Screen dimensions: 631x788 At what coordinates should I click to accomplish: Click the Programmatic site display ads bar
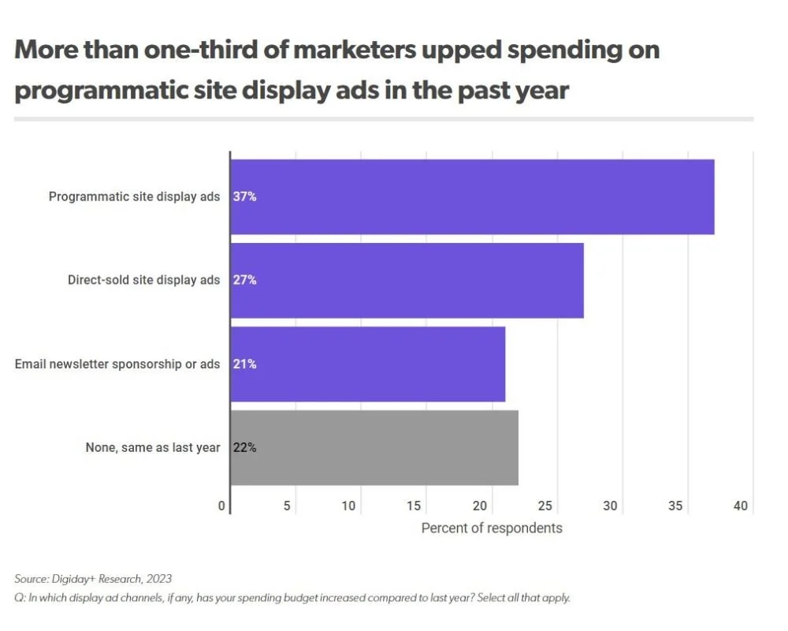473,196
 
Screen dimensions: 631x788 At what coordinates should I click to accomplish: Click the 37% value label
245,196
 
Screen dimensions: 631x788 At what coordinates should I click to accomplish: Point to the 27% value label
245,280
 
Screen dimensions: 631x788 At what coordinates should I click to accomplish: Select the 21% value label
245,364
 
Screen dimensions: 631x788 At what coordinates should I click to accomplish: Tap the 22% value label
245,447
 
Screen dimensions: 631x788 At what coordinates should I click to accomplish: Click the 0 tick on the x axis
223,506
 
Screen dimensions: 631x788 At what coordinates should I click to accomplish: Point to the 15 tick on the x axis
414,506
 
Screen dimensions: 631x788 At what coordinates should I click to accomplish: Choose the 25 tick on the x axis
545,506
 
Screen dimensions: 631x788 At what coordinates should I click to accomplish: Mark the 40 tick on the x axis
740,506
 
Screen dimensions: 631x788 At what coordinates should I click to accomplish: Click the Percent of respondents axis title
492,528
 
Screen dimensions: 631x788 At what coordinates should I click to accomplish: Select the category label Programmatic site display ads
135,196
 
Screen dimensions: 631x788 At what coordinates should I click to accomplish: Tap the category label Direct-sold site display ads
144,280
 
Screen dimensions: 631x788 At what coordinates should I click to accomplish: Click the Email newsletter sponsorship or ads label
117,364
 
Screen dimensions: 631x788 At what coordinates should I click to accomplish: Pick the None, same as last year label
153,447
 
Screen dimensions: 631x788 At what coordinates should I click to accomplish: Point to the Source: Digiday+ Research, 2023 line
93,579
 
